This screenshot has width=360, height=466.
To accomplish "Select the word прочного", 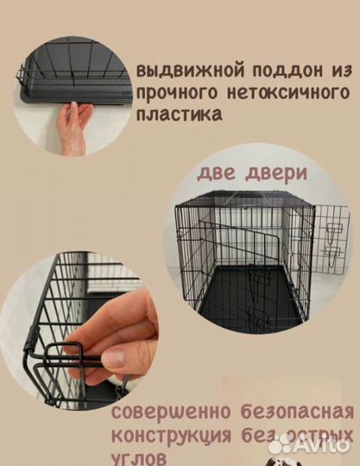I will [172, 90].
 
